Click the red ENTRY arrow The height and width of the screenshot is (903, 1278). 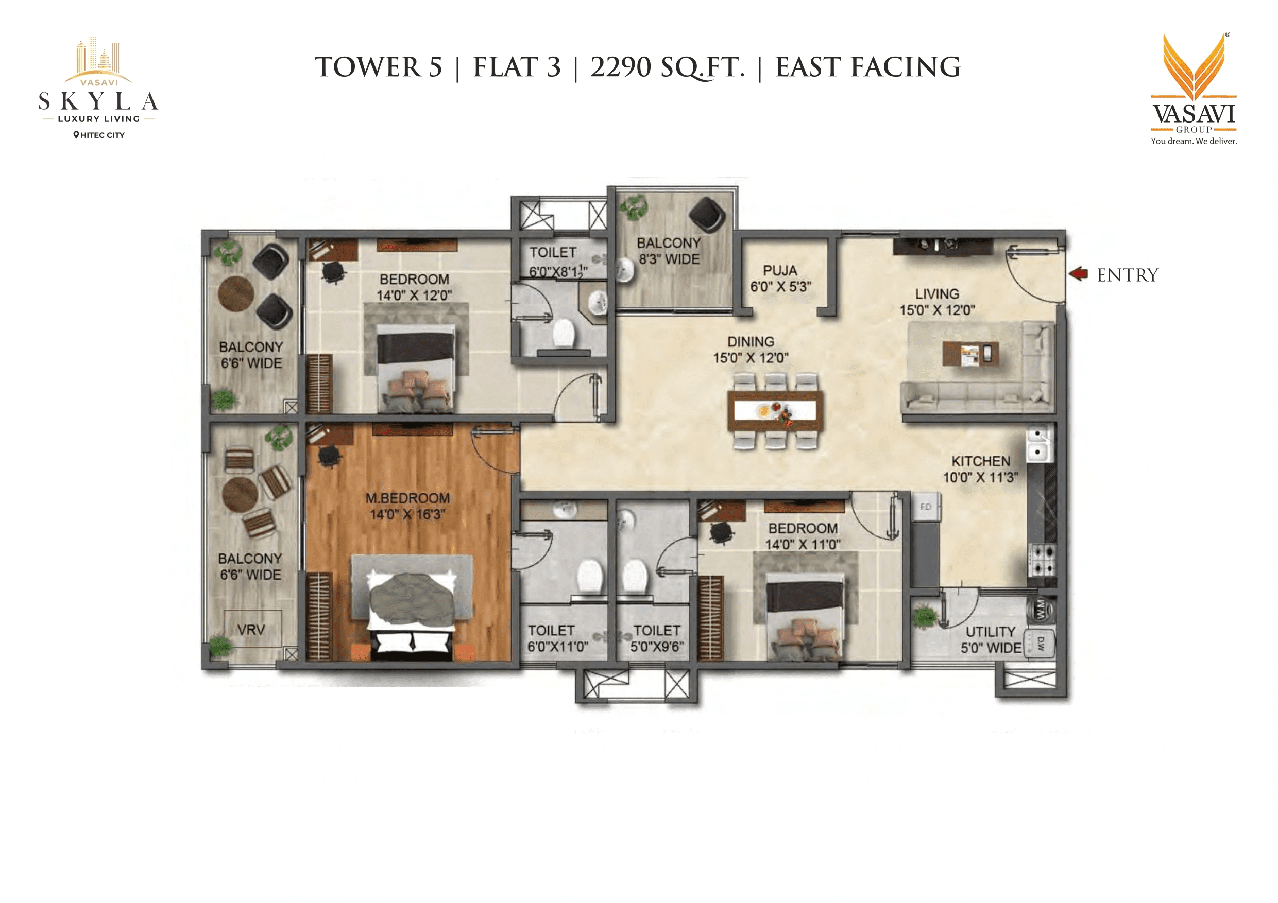[x=1078, y=274]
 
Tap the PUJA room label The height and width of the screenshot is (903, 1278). [x=780, y=278]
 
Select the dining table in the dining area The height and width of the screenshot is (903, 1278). [x=775, y=411]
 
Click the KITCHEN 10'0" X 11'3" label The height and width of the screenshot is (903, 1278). [x=980, y=469]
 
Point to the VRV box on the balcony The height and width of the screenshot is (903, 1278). [x=251, y=629]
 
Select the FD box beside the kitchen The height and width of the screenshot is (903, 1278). [x=926, y=507]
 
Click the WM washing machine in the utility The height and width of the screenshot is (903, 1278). [x=1040, y=608]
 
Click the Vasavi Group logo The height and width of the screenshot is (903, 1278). [x=1194, y=89]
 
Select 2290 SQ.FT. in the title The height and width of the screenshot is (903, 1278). [x=667, y=67]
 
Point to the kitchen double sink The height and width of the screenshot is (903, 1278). [x=1038, y=443]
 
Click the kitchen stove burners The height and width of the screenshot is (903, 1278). [x=1042, y=560]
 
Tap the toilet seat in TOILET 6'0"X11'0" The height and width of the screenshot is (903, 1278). [x=589, y=577]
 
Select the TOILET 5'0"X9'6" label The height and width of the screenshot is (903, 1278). [x=657, y=638]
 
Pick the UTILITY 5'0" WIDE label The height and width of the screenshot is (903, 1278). [x=991, y=640]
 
